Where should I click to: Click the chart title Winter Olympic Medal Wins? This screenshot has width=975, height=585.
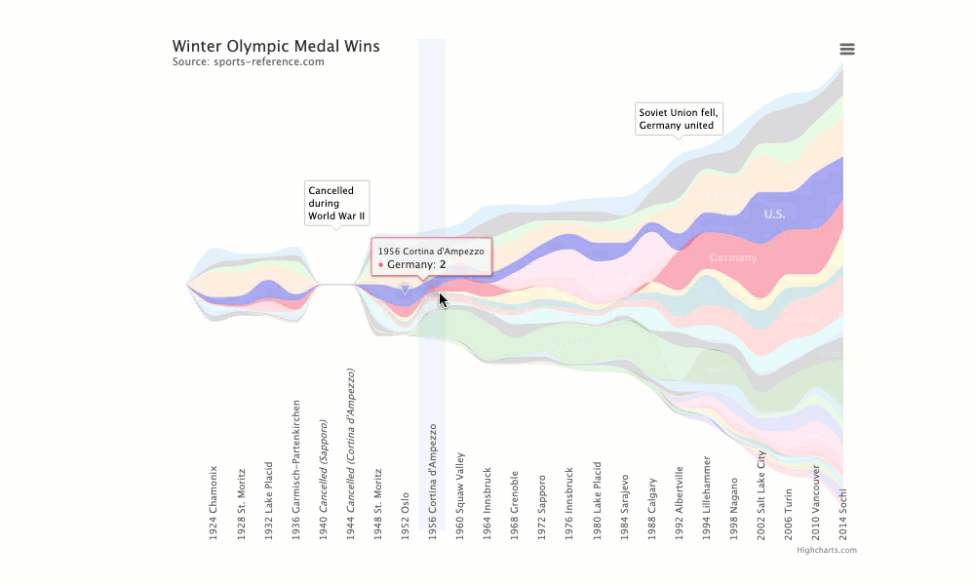(276, 46)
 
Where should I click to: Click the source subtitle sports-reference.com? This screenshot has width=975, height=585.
(248, 62)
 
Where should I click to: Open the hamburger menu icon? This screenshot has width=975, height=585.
(847, 50)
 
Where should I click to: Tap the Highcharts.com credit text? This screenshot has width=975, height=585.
(826, 550)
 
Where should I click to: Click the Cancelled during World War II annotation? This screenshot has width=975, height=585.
(336, 203)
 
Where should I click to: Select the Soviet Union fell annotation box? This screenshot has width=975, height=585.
(678, 119)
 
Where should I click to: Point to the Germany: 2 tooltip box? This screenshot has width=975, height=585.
(431, 257)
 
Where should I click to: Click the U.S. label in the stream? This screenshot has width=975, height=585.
(774, 214)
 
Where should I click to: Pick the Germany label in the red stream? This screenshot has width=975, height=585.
(733, 258)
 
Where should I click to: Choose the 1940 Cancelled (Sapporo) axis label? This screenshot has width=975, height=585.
(323, 480)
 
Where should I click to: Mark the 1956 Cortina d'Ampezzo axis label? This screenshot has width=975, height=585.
(433, 477)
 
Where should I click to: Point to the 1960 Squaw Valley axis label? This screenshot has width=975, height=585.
(460, 491)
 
